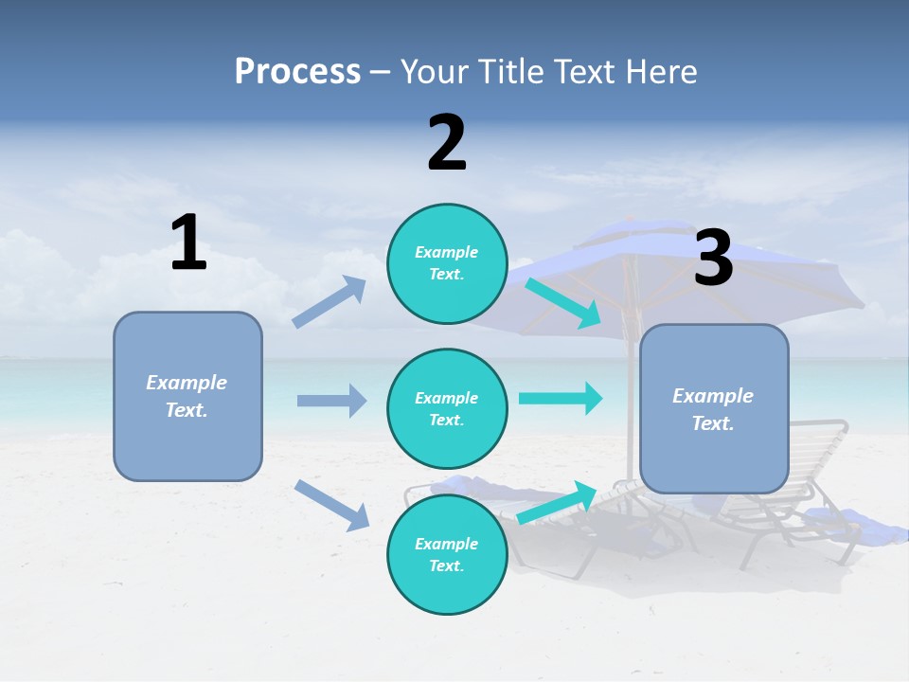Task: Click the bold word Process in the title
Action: point(297,71)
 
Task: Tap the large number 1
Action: point(188,243)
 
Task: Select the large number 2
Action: point(447,144)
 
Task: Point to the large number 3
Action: point(714,260)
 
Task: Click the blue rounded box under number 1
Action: point(187,396)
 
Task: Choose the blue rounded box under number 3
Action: point(714,408)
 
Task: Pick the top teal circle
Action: point(447,263)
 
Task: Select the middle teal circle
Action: point(447,408)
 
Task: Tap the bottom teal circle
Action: point(447,554)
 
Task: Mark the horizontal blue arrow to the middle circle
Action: point(331,401)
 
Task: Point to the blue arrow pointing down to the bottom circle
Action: point(331,504)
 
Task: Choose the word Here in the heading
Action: point(662,71)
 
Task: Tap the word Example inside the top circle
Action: point(447,253)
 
